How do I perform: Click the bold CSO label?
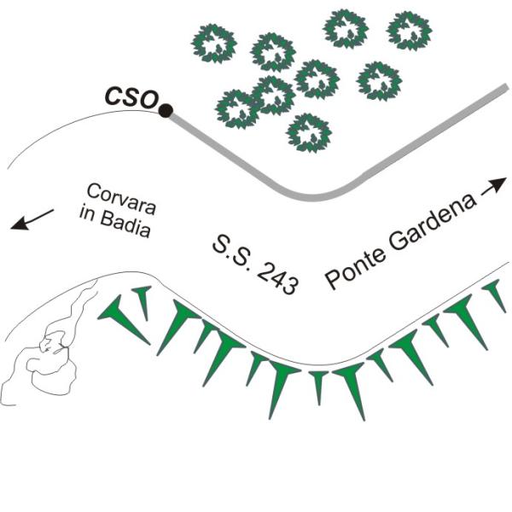131,97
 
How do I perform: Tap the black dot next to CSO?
166,110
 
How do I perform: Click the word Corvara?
121,199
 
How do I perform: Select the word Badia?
125,224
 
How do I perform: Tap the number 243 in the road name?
278,277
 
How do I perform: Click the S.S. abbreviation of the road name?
233,249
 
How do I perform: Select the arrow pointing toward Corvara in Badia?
32,219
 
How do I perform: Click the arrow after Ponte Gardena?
494,187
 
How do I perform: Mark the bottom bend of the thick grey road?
312,198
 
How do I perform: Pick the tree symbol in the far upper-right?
409,31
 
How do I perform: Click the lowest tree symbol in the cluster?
309,132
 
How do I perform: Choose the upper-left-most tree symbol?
213,44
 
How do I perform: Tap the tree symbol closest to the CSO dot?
238,109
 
